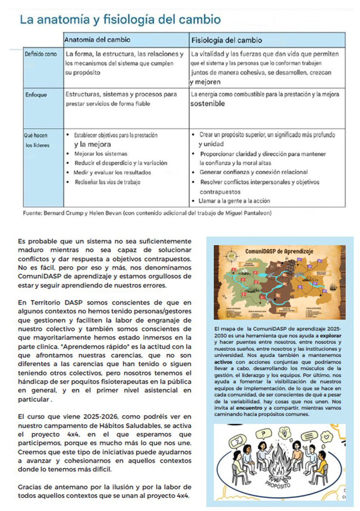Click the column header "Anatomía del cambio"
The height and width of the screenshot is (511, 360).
[97, 40]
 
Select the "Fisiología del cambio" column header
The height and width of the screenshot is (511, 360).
[227, 40]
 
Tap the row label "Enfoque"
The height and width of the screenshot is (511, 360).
[36, 95]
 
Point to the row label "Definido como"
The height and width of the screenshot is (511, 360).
[41, 55]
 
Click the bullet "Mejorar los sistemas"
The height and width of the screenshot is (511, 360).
[101, 153]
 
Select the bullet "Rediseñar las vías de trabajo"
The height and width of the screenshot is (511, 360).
[107, 182]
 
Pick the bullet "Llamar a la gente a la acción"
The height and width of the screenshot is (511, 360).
[234, 201]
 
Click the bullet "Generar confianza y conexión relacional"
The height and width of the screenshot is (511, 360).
[253, 172]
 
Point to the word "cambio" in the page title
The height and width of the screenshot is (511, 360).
[199, 20]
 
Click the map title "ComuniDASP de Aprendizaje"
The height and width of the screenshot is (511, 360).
[279, 251]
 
